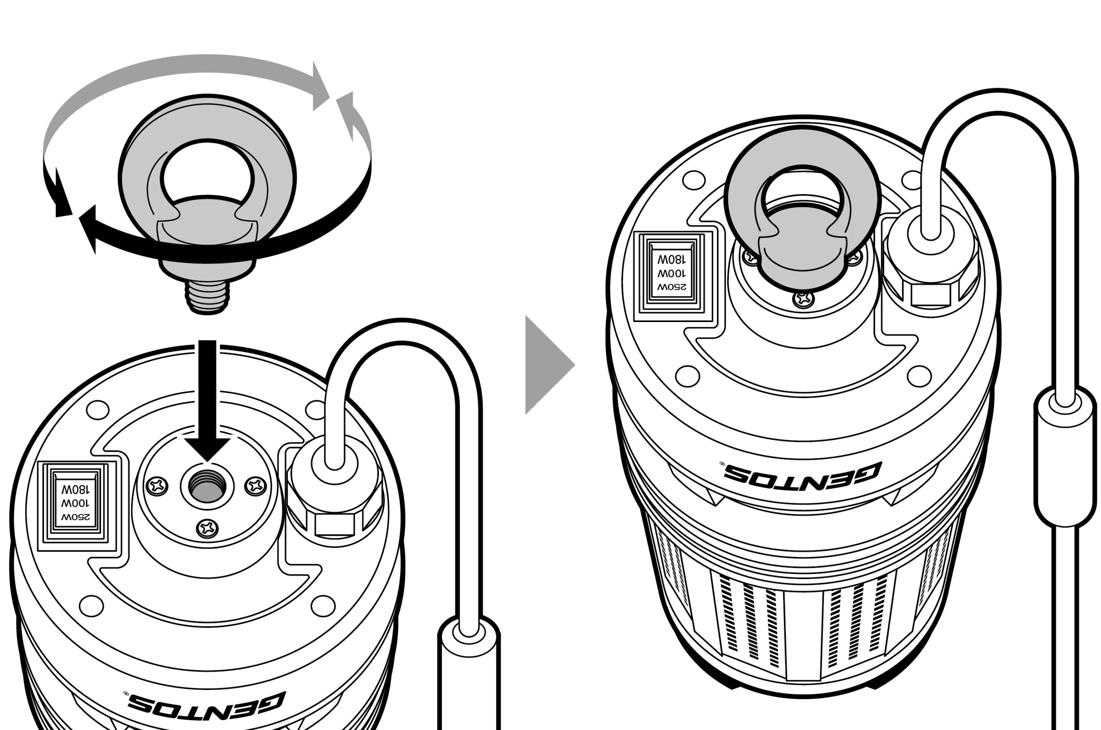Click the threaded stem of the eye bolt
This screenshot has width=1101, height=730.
(208, 296)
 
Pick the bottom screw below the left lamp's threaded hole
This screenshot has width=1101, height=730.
(207, 528)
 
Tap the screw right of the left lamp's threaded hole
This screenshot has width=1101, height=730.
(256, 485)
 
